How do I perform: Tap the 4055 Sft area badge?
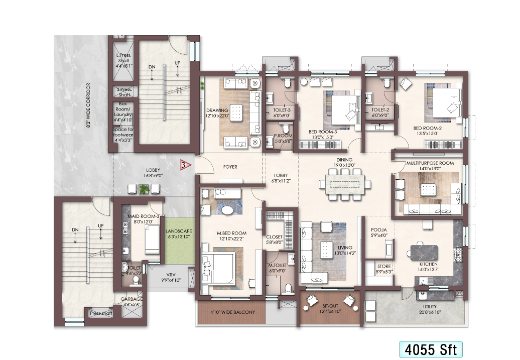[x=431, y=349]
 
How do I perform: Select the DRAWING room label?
[x=217, y=110]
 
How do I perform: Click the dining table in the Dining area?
[x=345, y=184]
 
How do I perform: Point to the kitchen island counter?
[x=424, y=253]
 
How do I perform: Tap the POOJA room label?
[x=378, y=229]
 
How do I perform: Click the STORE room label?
[x=384, y=266]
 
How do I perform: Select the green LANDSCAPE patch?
[x=179, y=241]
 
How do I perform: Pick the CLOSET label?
[x=274, y=237]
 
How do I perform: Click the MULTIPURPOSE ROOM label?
[x=430, y=163]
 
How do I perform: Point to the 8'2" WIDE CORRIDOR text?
[x=88, y=105]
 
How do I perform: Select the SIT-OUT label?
[x=330, y=306]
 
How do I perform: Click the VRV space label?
[x=171, y=275]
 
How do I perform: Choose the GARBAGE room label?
[x=132, y=299]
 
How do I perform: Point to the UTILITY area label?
[x=430, y=307]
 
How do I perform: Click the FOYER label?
[x=230, y=167]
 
